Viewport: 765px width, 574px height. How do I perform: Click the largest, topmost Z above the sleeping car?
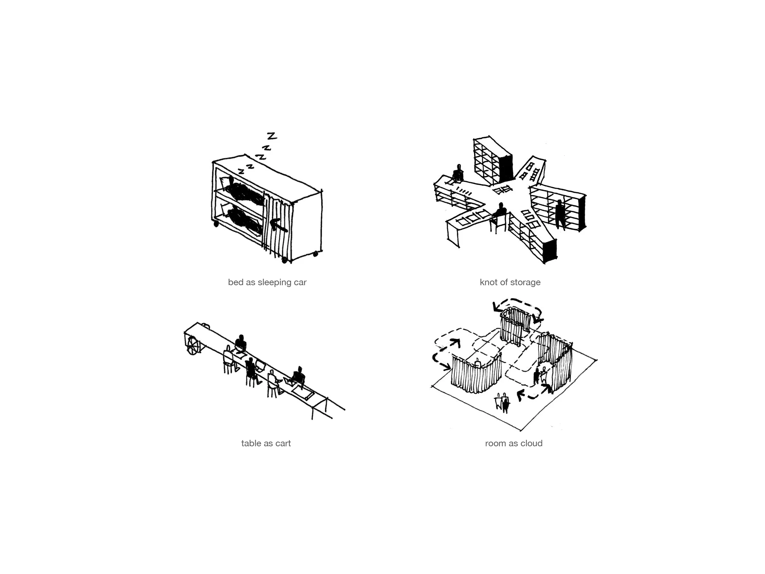click(x=273, y=136)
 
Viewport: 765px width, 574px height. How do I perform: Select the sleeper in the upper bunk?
click(x=244, y=192)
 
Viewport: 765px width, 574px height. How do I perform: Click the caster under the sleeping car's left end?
click(x=216, y=224)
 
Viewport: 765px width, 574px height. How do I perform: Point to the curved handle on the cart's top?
click(x=206, y=325)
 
